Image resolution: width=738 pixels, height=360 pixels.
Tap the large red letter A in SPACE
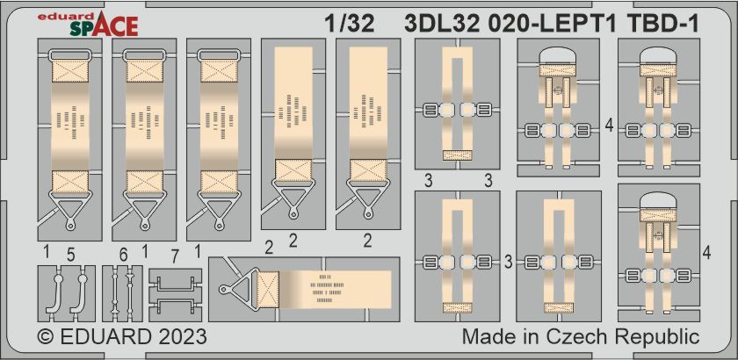coord(104,27)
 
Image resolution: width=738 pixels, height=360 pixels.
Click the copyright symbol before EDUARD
coord(44,337)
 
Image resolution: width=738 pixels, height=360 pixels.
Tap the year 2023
coord(181,337)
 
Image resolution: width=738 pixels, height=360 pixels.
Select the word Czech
coord(578,337)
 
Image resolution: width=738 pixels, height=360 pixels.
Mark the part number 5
coord(70,255)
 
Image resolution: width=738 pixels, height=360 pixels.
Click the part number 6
coord(123,255)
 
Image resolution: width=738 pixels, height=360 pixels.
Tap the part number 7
coord(175,256)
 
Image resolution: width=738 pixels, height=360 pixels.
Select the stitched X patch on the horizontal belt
coord(268,290)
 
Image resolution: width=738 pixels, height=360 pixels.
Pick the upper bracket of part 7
coord(175,284)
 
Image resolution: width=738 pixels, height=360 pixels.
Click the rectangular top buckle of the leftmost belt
coord(69,55)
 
